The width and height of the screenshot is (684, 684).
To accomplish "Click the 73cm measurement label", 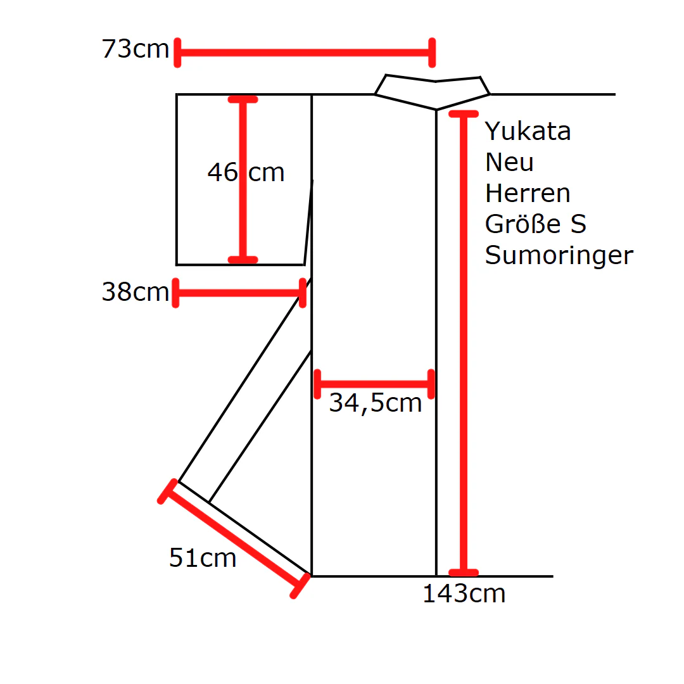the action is click(x=136, y=48).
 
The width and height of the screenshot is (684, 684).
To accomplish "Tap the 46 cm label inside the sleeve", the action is click(x=246, y=172).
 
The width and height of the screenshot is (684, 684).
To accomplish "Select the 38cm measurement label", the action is click(x=136, y=291).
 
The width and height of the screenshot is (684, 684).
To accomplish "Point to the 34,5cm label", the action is click(x=376, y=403).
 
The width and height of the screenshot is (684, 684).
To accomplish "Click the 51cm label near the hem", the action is click(x=203, y=557).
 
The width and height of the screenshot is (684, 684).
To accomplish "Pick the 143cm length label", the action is click(x=464, y=593).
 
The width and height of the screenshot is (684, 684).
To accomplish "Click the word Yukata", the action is click(x=528, y=131).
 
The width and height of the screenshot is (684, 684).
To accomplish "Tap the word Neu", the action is click(x=509, y=162).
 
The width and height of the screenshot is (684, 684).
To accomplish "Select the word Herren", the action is click(x=528, y=193).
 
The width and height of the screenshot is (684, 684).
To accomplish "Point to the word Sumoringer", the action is click(x=559, y=256).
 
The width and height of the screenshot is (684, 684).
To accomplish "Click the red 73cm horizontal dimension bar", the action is click(x=305, y=53).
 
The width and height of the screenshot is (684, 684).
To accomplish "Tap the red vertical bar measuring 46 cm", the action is click(x=243, y=180).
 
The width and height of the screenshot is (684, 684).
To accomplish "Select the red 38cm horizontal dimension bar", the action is click(x=239, y=293).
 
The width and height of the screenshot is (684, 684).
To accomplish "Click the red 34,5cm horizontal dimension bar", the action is click(x=374, y=384).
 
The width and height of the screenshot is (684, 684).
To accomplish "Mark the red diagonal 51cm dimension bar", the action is click(x=234, y=539).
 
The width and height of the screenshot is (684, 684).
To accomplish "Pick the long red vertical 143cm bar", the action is click(x=464, y=343).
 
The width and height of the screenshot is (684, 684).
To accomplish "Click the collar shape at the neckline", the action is click(x=433, y=92).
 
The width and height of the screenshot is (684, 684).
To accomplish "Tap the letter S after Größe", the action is click(x=578, y=224).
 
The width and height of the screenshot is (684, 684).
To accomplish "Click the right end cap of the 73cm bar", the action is click(x=433, y=53).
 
